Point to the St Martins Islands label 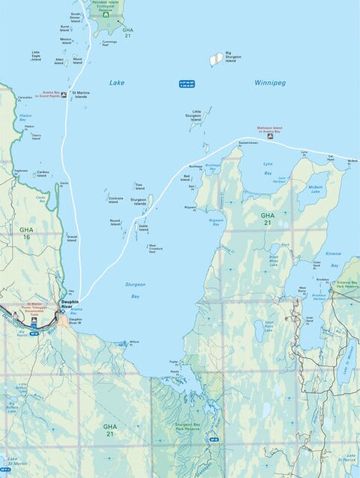click(78, 95)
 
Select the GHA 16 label click(27, 232)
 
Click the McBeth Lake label click(315, 190)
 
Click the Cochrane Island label click(114, 200)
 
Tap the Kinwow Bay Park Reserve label click(346, 285)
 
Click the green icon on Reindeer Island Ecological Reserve click(106, 14)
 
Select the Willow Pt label click(133, 342)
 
